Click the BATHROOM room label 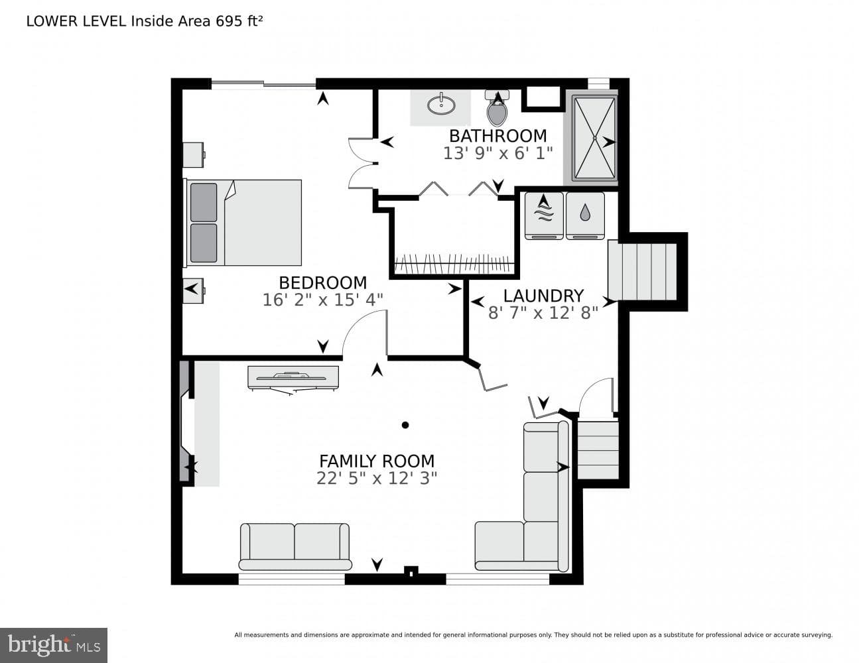(497, 136)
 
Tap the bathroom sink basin (441, 105)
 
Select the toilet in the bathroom (497, 108)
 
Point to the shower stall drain (595, 137)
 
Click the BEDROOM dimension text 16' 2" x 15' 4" (323, 300)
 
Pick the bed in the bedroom (243, 223)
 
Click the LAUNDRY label (543, 296)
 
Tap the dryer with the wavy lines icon (544, 215)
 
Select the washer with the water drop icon (585, 215)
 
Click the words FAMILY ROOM (377, 461)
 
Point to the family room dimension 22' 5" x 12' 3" (377, 479)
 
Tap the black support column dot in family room (405, 425)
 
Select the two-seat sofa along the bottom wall (295, 547)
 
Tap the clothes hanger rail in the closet (454, 264)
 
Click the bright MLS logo (53, 645)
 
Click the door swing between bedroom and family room (365, 333)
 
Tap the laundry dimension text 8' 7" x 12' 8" (543, 313)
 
